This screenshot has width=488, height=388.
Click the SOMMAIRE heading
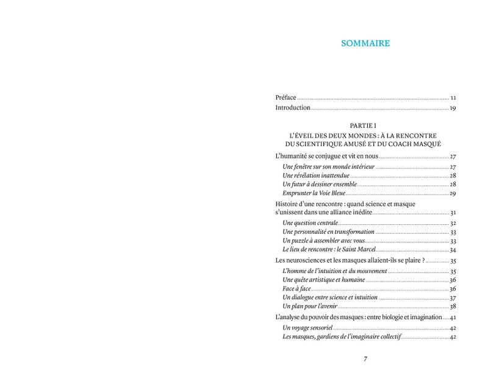point(365,43)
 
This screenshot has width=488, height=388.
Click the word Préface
point(285,97)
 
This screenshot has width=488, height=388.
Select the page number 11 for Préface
point(453,97)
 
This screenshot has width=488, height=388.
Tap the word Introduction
point(293,108)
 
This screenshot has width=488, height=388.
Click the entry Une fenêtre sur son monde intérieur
point(329,167)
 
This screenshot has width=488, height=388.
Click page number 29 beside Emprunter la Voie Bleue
point(453,193)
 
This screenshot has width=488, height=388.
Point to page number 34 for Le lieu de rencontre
point(453,250)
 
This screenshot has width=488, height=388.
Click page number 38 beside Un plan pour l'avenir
point(453,306)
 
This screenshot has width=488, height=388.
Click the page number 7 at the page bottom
point(365,358)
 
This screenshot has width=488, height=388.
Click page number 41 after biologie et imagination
point(453,318)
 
